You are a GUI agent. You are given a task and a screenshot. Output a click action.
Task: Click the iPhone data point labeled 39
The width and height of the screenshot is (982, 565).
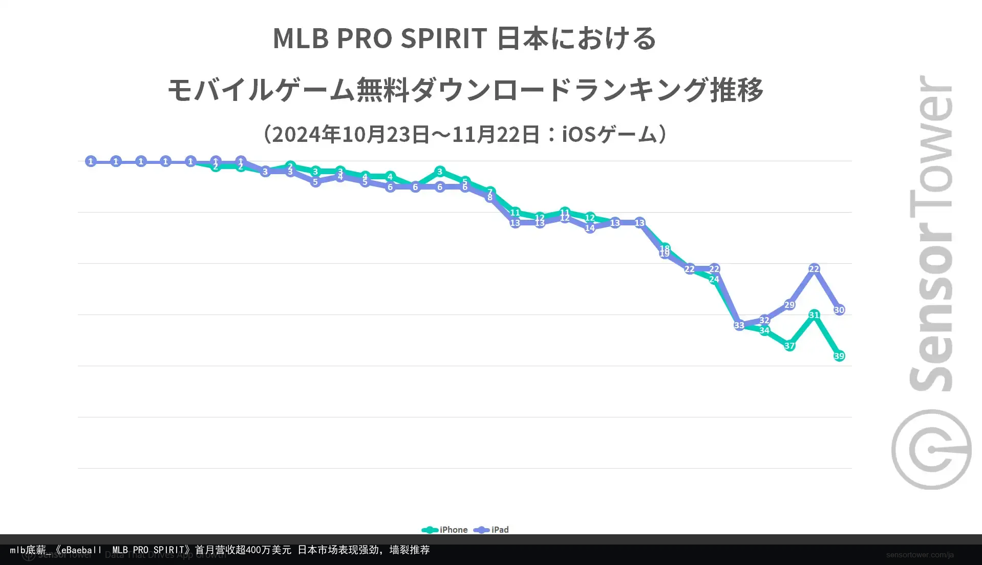click(x=839, y=356)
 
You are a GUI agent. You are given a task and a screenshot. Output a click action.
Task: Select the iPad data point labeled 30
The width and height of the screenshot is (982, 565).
click(x=839, y=310)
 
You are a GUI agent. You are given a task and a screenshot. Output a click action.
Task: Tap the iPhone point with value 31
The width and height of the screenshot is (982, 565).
click(x=814, y=315)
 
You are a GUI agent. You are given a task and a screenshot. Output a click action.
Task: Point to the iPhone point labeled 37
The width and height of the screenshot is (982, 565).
click(x=789, y=346)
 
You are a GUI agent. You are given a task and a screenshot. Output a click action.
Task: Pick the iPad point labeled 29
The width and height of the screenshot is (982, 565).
click(x=789, y=305)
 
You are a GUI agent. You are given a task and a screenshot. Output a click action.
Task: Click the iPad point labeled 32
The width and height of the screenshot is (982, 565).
click(x=764, y=320)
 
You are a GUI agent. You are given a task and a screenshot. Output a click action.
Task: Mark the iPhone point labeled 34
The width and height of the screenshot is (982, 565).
click(x=764, y=330)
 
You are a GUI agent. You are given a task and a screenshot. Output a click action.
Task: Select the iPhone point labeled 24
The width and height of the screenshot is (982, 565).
click(x=714, y=279)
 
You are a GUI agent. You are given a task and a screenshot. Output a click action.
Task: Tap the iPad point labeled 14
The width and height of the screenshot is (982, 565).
click(x=590, y=228)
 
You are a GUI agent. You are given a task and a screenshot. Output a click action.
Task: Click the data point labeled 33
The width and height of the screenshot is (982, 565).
click(x=739, y=325)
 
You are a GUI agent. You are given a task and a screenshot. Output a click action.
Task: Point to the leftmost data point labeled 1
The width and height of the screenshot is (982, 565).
click(x=91, y=161)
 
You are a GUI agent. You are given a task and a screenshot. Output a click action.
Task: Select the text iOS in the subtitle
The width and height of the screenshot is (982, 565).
click(x=579, y=135)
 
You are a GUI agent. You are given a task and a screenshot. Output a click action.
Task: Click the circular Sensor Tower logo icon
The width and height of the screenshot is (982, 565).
click(x=931, y=449)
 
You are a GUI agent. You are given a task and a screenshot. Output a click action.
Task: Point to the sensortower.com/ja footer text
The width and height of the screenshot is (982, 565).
click(x=920, y=555)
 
